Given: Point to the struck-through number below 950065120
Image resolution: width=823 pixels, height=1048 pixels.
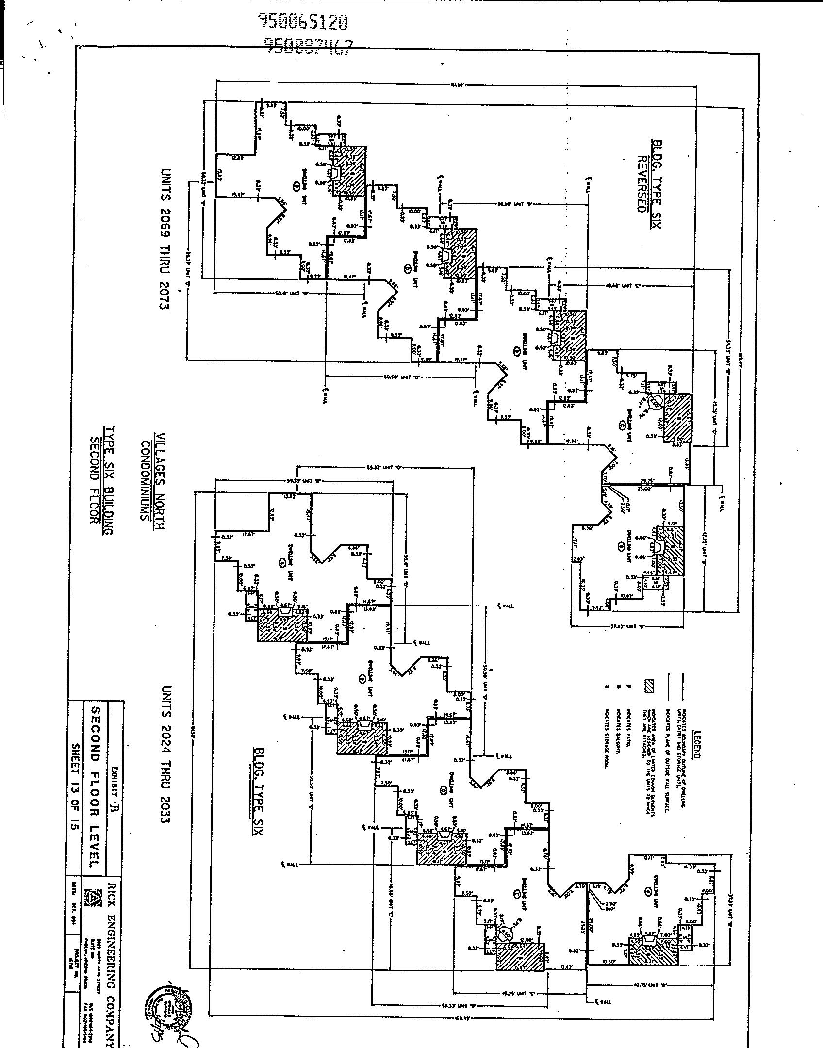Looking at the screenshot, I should coord(308,45).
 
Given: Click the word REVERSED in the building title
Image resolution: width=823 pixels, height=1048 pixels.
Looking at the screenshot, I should coord(642,184).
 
